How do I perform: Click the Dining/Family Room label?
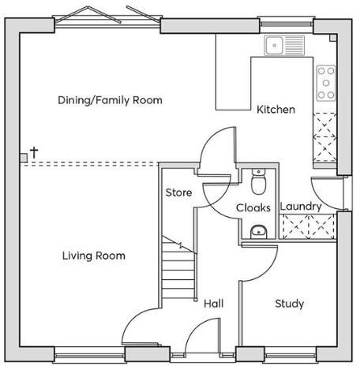pyautogui.click(x=110, y=100)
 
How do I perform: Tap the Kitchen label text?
pyautogui.click(x=276, y=110)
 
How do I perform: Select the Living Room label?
pyautogui.click(x=94, y=256)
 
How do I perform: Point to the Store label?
pyautogui.click(x=178, y=192)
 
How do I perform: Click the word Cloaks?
pyautogui.click(x=254, y=208)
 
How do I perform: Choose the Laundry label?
pyautogui.click(x=301, y=207)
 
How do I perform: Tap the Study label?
pyautogui.click(x=290, y=304)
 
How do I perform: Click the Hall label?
pyautogui.click(x=214, y=304)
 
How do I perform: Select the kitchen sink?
pyautogui.click(x=284, y=45)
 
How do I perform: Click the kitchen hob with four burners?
pyautogui.click(x=325, y=83)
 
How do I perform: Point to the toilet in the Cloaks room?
pyautogui.click(x=257, y=183)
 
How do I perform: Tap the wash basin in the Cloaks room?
pyautogui.click(x=257, y=231)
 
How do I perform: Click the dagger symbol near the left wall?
pyautogui.click(x=34, y=151)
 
